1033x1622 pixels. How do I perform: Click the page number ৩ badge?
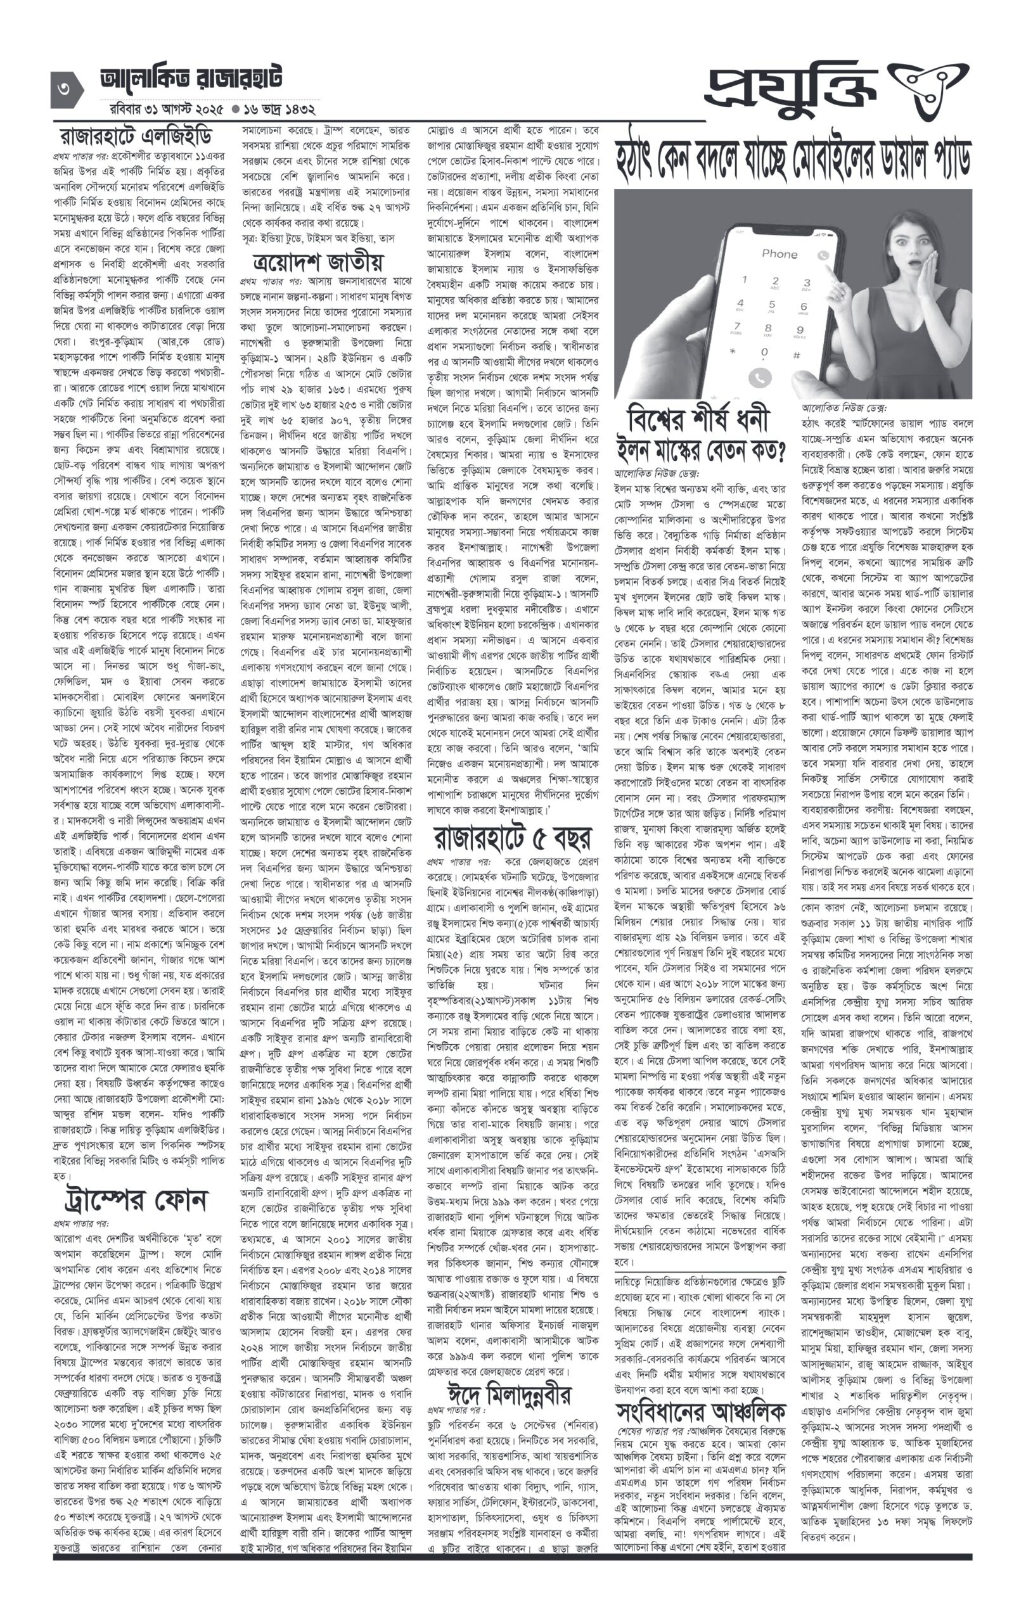click(65, 89)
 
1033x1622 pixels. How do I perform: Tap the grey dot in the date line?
click(235, 108)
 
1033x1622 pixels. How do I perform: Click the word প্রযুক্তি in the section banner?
click(792, 88)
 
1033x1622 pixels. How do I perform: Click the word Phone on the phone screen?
click(780, 254)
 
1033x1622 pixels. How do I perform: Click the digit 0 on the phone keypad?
click(764, 352)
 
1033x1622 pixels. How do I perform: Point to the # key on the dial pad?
click(796, 355)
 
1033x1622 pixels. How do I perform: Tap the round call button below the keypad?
click(759, 378)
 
